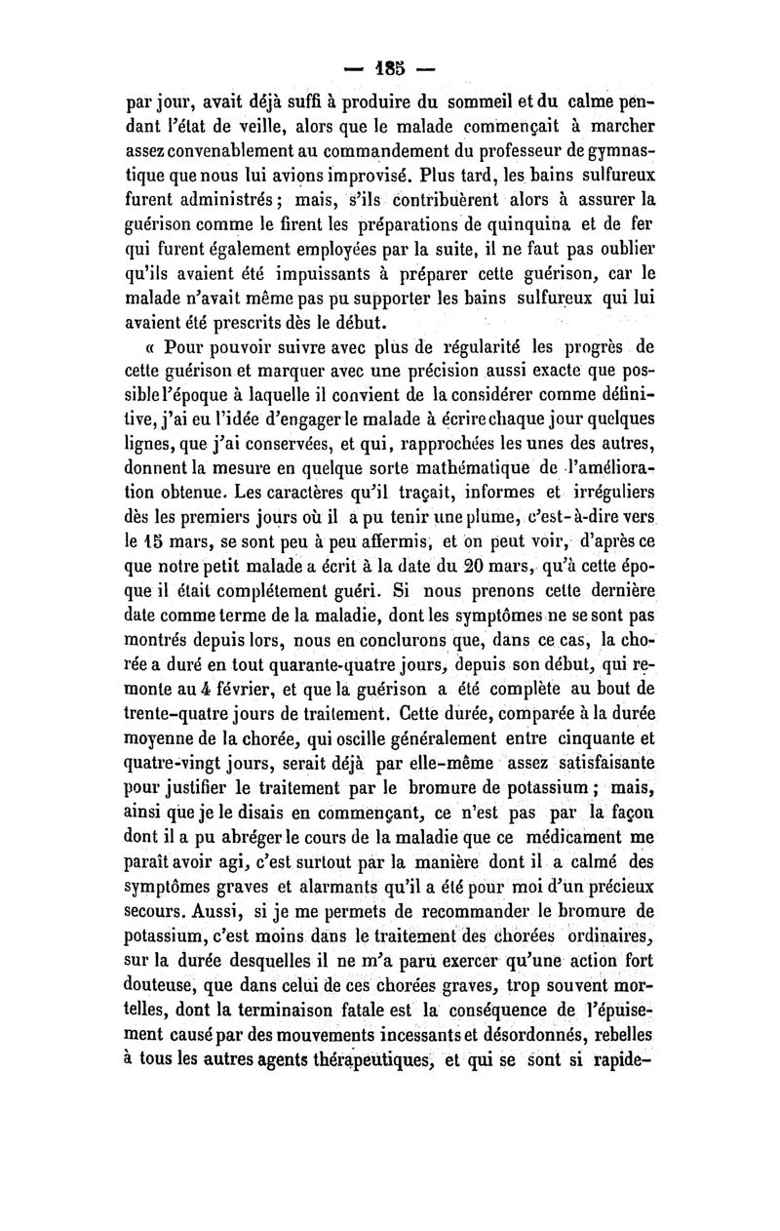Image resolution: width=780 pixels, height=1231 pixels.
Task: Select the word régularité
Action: click(477, 345)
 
